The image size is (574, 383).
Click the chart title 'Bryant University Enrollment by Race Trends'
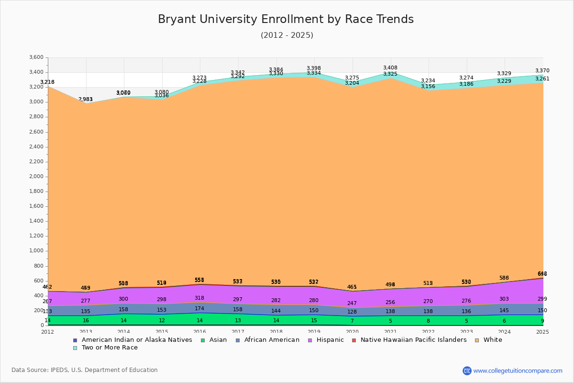tap(286, 19)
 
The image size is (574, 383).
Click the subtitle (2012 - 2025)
tap(287, 35)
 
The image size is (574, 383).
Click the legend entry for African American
tap(271, 340)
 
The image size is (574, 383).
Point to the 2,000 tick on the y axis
tap(36, 177)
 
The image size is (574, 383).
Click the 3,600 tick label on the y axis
tap(36, 57)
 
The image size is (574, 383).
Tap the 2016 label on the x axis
tap(200, 332)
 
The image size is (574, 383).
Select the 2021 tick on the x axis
tap(390, 332)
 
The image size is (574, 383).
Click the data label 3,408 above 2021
tap(390, 68)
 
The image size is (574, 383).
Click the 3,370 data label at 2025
tap(542, 71)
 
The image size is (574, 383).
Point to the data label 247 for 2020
tap(352, 303)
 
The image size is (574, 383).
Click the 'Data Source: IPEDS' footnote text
tap(85, 370)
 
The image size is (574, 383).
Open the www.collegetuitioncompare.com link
tap(518, 371)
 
